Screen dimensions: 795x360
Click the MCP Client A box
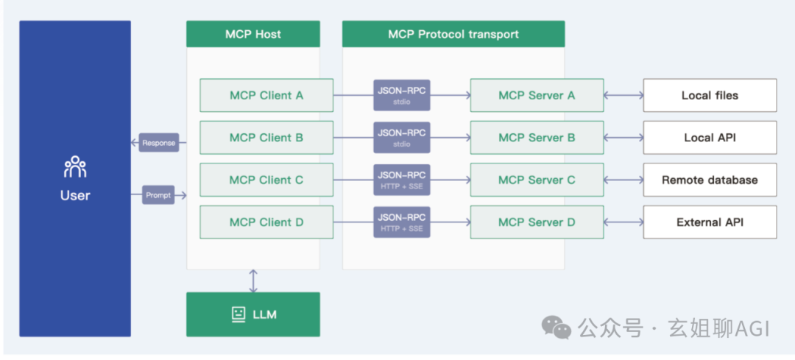266,95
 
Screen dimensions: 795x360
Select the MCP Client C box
266,180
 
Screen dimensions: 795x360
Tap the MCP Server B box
537,138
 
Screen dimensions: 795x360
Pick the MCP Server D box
537,222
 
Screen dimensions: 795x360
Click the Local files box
710,95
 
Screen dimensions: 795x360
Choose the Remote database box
710,180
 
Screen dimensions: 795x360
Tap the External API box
710,222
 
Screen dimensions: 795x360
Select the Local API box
710,138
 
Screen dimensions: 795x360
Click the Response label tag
159,143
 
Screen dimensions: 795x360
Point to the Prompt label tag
158,195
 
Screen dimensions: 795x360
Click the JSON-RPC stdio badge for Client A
402,95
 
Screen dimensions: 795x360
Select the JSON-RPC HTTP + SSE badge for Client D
402,222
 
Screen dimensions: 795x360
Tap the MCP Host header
253,34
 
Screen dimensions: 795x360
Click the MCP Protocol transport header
453,34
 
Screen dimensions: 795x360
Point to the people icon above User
75,167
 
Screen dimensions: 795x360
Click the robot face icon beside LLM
239,314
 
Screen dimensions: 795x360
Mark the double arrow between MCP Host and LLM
253,281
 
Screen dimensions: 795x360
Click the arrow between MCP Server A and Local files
623,95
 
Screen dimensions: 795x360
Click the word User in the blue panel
75,195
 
